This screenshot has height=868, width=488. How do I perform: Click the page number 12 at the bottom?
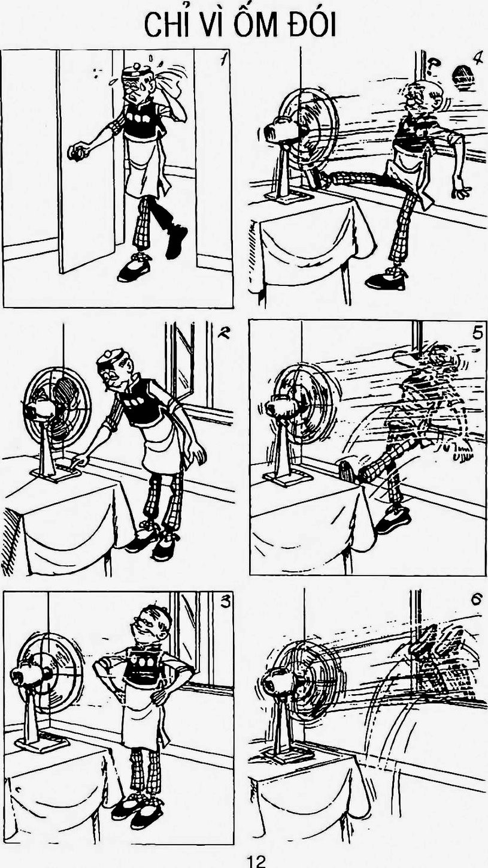[x=257, y=861]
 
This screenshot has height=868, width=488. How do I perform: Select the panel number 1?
[x=223, y=60]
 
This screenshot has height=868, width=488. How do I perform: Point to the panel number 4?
[x=478, y=58]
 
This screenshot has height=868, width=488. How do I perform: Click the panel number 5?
[x=477, y=333]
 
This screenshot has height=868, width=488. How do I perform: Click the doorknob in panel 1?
[x=77, y=152]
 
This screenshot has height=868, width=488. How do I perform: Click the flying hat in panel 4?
[x=463, y=77]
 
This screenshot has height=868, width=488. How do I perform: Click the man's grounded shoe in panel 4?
[x=386, y=279]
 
